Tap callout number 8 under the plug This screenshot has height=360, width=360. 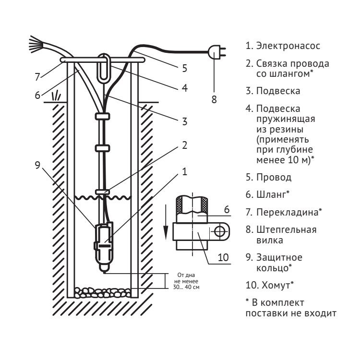(214, 100)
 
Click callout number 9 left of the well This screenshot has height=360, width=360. (37, 163)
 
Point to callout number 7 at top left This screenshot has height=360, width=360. (36, 76)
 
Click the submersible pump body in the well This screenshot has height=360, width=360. (104, 240)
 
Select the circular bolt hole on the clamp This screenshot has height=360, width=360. (219, 232)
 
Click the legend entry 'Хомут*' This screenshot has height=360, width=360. (276, 285)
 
